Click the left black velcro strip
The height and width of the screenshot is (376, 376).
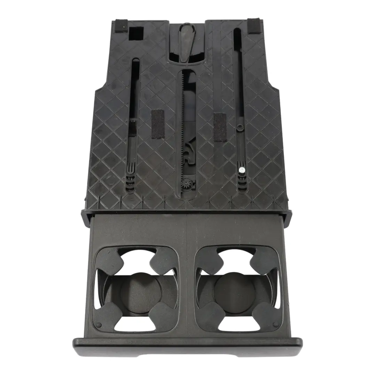click(x=157, y=125)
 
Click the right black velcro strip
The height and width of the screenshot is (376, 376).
click(x=220, y=127)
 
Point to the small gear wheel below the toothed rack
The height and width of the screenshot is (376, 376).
click(x=188, y=183)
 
